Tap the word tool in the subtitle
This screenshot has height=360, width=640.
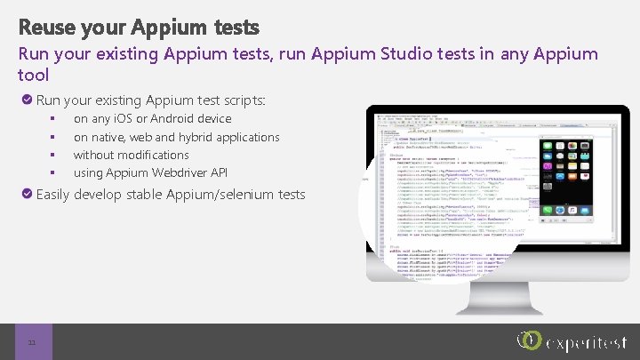[x=34, y=76]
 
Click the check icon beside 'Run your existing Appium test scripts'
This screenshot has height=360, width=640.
[x=27, y=100]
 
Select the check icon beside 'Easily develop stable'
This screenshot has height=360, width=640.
[x=27, y=194]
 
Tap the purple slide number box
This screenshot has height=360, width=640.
[x=34, y=341]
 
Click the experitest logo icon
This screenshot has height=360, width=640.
[x=529, y=340]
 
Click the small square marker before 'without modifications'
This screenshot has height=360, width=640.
[x=53, y=155]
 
